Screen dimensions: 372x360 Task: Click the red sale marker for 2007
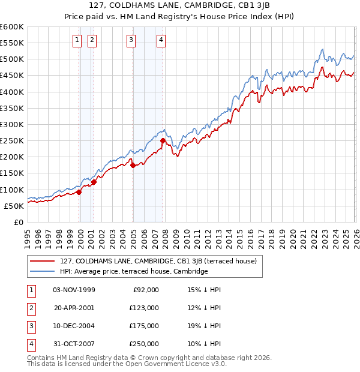[x=163, y=141]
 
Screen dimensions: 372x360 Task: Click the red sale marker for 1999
[x=79, y=192]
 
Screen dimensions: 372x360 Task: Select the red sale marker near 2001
[x=94, y=182]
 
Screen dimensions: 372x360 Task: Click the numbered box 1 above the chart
[x=78, y=40]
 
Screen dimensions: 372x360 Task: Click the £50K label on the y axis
[x=14, y=206]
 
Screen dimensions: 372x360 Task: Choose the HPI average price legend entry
[x=133, y=271]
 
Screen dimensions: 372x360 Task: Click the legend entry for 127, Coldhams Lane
[x=158, y=261]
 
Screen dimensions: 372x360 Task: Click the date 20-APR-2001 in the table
[x=74, y=308]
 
